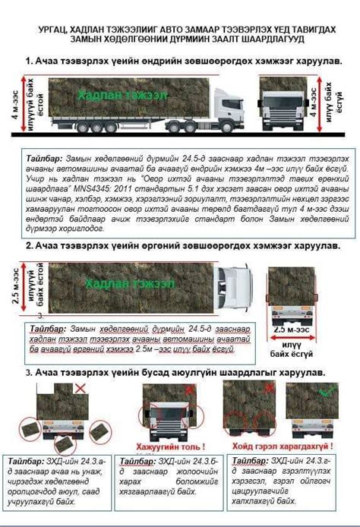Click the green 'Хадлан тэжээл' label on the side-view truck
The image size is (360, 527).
pyautogui.click(x=115, y=95)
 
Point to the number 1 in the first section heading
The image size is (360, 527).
pyautogui.click(x=28, y=60)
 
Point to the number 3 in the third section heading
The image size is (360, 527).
pyautogui.click(x=28, y=373)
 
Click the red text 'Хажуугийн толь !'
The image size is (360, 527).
pyautogui.click(x=170, y=447)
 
